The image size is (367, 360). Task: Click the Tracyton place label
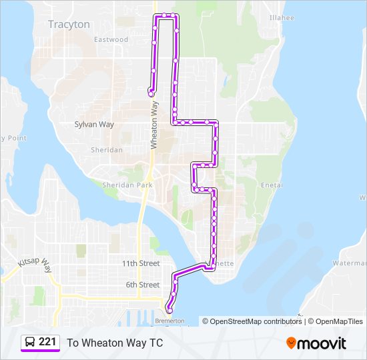click(69, 25)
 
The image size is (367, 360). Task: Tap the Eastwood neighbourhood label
click(111, 40)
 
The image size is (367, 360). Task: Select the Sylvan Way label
click(94, 125)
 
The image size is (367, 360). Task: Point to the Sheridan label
click(107, 150)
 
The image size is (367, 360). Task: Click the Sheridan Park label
click(127, 185)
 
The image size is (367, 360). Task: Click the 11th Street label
click(140, 263)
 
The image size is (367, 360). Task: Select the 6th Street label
click(142, 285)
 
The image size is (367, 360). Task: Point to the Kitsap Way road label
click(37, 265)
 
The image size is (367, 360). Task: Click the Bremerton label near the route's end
click(169, 321)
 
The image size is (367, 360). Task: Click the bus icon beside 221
click(30, 342)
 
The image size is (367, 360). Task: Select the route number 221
click(47, 342)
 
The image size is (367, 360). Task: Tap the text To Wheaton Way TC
click(115, 343)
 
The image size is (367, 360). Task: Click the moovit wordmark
click(322, 343)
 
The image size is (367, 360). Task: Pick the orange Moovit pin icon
click(292, 343)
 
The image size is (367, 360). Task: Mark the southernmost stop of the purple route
click(169, 309)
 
